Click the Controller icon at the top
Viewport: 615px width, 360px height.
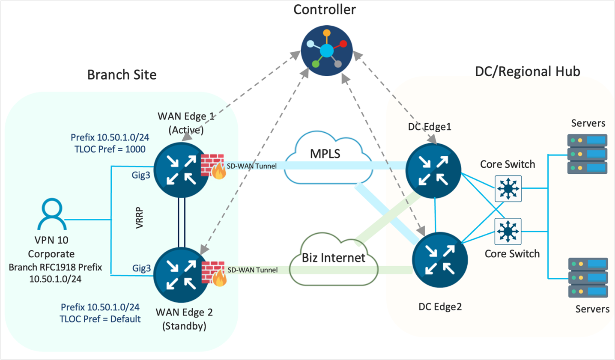pyautogui.click(x=326, y=51)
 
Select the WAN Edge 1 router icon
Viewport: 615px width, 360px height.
pyautogui.click(x=181, y=170)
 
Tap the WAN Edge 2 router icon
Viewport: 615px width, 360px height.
pyautogui.click(x=181, y=274)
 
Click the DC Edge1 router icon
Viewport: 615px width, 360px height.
pyautogui.click(x=433, y=170)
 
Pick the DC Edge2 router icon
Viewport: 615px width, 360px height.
pyautogui.click(x=439, y=260)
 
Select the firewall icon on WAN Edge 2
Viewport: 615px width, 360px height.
pyautogui.click(x=213, y=273)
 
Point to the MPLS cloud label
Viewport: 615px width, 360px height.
pyautogui.click(x=325, y=154)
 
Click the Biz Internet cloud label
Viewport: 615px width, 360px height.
pyautogui.click(x=334, y=258)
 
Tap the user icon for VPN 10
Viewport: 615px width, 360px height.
pyautogui.click(x=52, y=214)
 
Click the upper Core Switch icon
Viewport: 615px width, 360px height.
pyautogui.click(x=508, y=188)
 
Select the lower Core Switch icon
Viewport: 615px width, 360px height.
pyautogui.click(x=508, y=231)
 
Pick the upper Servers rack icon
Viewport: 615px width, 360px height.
pyautogui.click(x=587, y=154)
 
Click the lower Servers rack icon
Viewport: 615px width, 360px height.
pyautogui.click(x=588, y=277)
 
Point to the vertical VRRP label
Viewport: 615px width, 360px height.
pyautogui.click(x=139, y=218)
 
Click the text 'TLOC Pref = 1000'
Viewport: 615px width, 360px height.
pyautogui.click(x=110, y=149)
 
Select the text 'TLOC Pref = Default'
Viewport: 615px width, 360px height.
pyautogui.click(x=100, y=319)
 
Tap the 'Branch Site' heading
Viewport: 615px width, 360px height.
pyautogui.click(x=122, y=74)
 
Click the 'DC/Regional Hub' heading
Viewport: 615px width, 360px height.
pyautogui.click(x=527, y=71)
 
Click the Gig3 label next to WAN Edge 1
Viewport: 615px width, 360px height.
pyautogui.click(x=140, y=175)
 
